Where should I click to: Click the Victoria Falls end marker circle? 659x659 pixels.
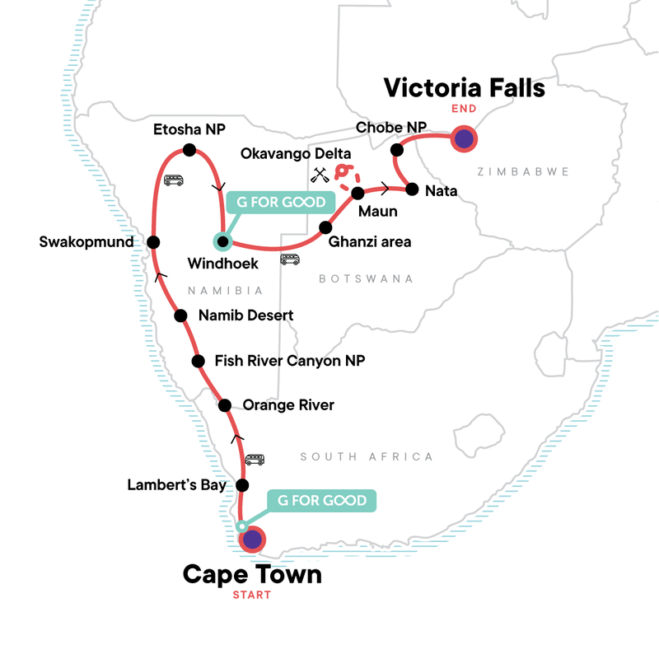coord(465,139)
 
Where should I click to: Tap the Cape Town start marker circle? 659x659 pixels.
coord(252,540)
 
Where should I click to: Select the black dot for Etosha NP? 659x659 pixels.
coord(189,150)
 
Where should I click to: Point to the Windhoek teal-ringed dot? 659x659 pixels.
coord(222,241)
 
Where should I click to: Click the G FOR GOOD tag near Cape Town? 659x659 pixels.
coord(321,501)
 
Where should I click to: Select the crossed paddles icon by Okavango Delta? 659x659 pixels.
coord(320,174)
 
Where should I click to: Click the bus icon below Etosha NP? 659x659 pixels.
coord(173,180)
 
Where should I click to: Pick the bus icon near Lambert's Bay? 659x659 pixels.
coord(255,460)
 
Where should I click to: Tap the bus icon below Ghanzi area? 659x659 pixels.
coord(289,259)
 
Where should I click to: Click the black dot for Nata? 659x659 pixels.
coord(412,188)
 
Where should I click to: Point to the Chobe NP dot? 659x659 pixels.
coord(397,150)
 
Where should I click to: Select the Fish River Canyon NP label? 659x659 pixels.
coord(289,361)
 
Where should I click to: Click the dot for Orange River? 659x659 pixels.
coord(224,404)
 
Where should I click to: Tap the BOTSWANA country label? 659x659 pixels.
coord(366,279)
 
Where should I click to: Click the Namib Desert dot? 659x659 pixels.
coord(180,315)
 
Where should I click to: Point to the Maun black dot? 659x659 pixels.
coord(358,194)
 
